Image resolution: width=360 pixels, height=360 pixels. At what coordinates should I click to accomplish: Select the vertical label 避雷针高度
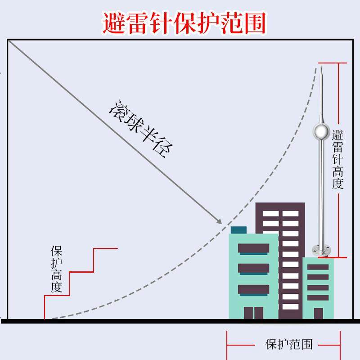337,160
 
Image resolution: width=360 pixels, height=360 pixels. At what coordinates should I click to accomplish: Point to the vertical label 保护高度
56,269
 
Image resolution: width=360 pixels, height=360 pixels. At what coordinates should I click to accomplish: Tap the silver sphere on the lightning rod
321,131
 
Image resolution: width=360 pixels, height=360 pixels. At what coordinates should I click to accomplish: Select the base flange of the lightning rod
321,249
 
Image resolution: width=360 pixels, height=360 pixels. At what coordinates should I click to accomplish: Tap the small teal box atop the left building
238,230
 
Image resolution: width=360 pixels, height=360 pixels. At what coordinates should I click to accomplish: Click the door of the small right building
318,314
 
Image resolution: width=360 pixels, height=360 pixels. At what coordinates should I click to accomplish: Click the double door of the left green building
253,313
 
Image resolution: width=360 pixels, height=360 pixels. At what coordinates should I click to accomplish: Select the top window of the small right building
318,267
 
